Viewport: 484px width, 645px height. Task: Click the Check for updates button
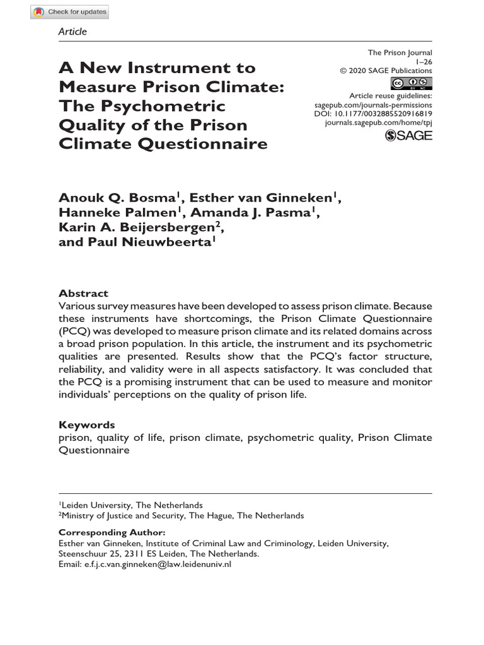point(70,12)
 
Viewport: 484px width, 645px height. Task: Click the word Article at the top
point(72,31)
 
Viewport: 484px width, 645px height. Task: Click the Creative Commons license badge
point(412,83)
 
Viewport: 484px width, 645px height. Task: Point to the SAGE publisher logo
point(408,135)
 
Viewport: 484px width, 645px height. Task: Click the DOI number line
point(372,114)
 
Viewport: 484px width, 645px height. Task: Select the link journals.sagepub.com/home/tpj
point(379,123)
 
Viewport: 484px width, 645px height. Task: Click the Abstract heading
point(83,294)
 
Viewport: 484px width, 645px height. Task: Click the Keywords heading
point(87,425)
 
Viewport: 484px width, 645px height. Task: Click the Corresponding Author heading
point(112,532)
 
